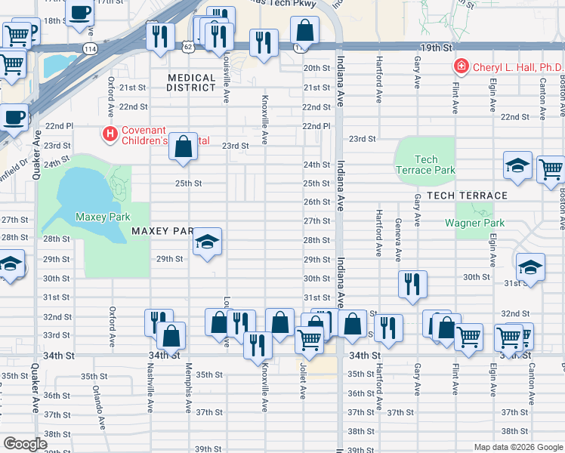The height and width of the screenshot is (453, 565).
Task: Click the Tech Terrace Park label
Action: [x=425, y=165]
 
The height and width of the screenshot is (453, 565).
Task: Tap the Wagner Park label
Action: [x=468, y=223]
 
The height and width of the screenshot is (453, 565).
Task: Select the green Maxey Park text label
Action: [x=98, y=217]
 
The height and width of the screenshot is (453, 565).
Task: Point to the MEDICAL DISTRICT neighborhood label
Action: [x=192, y=83]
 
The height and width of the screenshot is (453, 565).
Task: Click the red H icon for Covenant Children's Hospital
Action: [x=110, y=134]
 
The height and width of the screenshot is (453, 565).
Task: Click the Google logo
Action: [x=25, y=444]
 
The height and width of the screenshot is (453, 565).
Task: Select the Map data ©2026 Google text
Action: [x=517, y=447]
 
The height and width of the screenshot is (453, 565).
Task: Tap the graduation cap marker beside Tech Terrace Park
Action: [x=518, y=167]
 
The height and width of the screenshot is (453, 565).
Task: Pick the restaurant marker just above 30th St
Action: [x=412, y=285]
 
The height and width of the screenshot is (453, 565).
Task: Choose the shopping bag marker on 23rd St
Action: [x=184, y=147]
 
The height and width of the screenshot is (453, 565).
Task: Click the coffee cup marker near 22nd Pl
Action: [x=14, y=117]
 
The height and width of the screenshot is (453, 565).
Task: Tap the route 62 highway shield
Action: [x=187, y=47]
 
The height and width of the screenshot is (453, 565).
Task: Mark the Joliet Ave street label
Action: [x=303, y=384]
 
